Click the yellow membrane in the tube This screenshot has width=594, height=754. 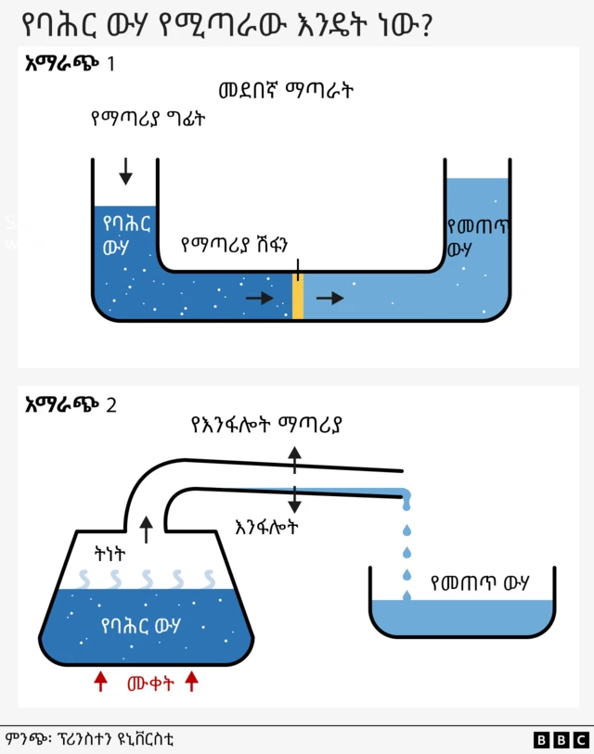298,297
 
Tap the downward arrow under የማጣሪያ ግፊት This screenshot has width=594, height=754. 126,170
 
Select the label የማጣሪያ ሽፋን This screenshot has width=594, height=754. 235,245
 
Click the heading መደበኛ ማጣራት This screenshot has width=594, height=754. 286,91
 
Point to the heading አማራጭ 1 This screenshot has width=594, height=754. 71,64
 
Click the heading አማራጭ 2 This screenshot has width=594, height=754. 71,404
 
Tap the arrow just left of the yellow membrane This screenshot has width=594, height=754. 260,298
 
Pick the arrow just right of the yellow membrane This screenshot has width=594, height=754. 329,298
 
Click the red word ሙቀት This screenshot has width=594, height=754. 148,684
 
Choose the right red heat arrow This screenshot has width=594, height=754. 192,682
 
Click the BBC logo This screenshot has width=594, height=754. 561,739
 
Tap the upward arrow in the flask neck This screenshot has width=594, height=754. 145,530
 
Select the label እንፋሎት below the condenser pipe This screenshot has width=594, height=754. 267,526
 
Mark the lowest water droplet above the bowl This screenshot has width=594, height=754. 407,594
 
